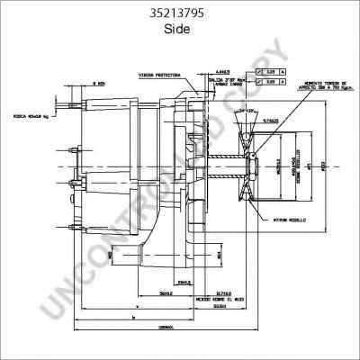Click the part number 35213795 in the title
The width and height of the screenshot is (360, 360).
[180, 13]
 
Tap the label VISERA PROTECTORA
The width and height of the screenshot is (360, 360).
[160, 75]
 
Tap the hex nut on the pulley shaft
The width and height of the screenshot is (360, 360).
[253, 166]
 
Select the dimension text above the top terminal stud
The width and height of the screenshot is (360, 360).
[77, 84]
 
